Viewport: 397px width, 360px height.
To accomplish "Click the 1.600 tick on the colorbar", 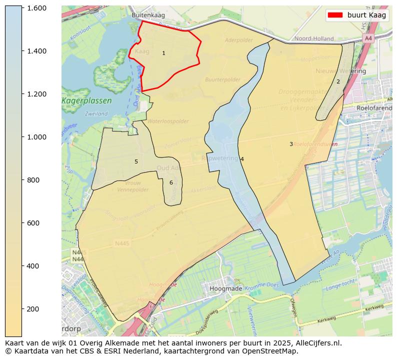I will (x=36, y=8).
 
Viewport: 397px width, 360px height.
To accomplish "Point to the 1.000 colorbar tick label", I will (x=36, y=137).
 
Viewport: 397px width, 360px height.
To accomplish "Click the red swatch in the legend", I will (x=335, y=15).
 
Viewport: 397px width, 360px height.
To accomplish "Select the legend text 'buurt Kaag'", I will (x=366, y=15).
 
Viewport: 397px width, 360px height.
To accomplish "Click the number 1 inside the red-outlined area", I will (x=163, y=53).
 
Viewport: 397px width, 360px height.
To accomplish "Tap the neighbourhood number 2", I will (x=338, y=81).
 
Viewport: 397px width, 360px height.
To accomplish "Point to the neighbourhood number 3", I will (x=291, y=144).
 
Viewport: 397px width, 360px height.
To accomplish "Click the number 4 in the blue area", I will (x=242, y=159).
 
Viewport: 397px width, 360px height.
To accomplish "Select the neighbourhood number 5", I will (x=136, y=161).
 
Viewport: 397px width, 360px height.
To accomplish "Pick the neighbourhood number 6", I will (x=171, y=182).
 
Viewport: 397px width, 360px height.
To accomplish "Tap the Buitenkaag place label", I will (x=148, y=15).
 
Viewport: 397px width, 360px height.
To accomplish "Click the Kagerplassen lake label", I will (x=86, y=100).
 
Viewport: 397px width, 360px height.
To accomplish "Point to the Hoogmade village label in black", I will (x=226, y=288).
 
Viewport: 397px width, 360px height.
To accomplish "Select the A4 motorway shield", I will (x=368, y=38).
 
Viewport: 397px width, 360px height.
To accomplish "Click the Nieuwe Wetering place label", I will (x=340, y=71).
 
